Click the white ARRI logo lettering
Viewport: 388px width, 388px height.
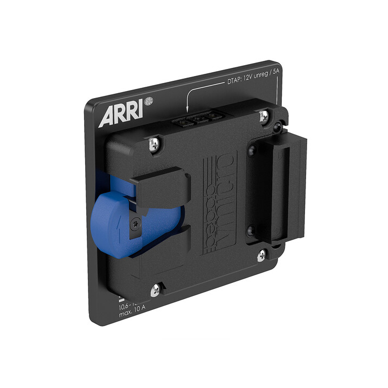click(119, 114)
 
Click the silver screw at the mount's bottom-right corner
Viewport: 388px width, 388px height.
click(261, 255)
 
